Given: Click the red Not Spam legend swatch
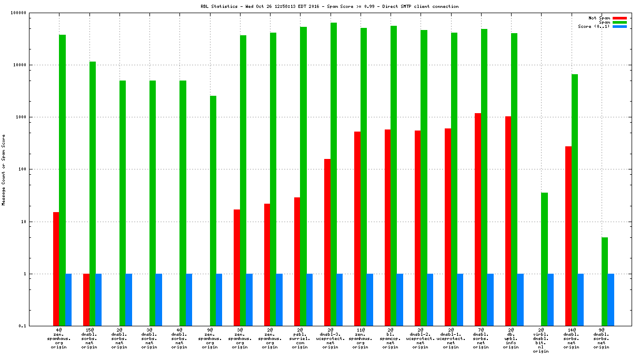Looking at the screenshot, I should [619, 18].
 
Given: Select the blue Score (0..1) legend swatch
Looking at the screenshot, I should [619, 26].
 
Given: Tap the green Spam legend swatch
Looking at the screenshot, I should [619, 22].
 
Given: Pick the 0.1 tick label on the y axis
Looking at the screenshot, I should [37, 326].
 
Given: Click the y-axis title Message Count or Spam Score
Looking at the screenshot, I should [4, 169].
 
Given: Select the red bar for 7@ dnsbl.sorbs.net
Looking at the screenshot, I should [478, 219].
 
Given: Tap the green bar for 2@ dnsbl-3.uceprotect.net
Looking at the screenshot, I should [334, 174].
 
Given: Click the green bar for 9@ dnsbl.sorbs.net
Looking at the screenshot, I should [605, 282].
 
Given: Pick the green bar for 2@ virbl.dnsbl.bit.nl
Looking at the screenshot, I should [544, 259].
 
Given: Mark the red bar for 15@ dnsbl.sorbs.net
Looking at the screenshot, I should [86, 300].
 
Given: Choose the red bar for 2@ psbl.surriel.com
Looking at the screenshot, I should [297, 262].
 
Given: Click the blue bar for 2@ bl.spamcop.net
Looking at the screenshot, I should [400, 300].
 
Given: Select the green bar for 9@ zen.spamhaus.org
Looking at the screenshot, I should [213, 211].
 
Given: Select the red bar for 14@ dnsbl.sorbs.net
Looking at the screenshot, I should [568, 236].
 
